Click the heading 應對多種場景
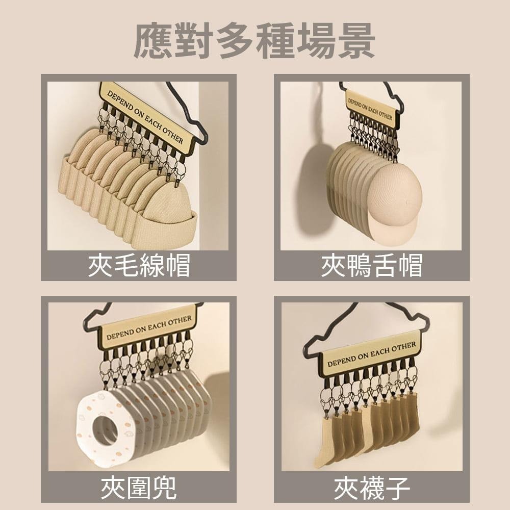tap(254, 41)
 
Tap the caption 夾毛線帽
tap(139, 265)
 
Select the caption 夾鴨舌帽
tap(372, 265)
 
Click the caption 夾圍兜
tap(139, 488)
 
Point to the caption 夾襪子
tap(372, 488)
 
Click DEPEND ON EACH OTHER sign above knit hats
tap(146, 117)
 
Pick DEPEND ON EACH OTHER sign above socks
tap(371, 354)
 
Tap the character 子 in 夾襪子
tap(397, 488)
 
